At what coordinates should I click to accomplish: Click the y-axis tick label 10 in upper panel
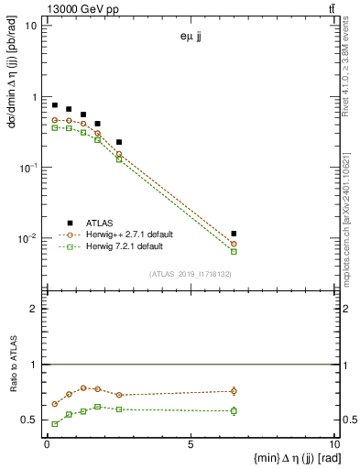(x=30, y=26)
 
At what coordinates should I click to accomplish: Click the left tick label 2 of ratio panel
(x=34, y=309)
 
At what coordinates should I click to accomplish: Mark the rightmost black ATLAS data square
(x=234, y=234)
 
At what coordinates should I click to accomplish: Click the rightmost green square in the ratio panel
(x=234, y=410)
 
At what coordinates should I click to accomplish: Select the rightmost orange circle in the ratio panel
(x=234, y=391)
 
